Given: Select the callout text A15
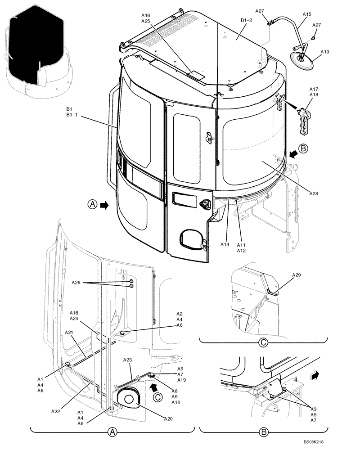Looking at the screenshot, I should [306, 14].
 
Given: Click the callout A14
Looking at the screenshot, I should [225, 244].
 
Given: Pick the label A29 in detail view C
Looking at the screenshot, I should [297, 274].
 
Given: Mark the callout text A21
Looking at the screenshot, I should [69, 332].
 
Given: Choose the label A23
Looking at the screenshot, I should [128, 360].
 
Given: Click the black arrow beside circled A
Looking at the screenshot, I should [104, 205].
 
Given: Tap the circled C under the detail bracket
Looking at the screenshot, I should [264, 343].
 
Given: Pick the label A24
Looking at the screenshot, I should [74, 319].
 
